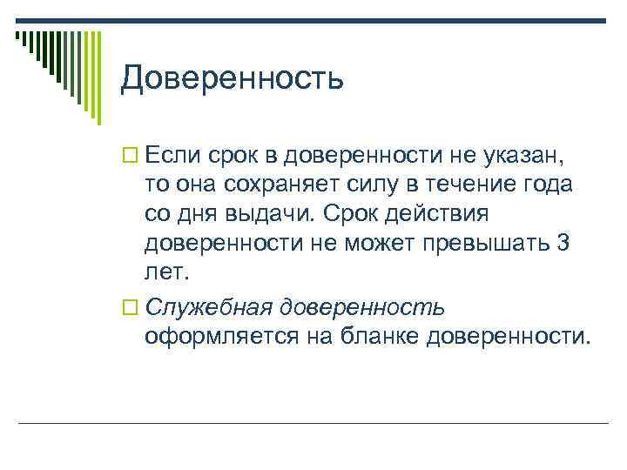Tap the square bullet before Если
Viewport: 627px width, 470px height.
pos(128,156)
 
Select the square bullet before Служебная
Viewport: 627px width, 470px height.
pos(128,308)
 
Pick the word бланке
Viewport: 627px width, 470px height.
pos(380,336)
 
